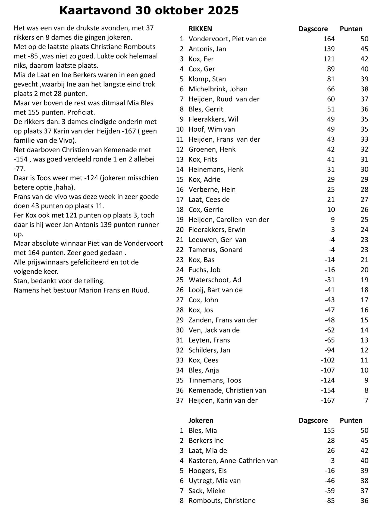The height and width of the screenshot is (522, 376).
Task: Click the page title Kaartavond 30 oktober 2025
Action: (149, 11)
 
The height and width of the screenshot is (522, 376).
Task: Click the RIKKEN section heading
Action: (200, 29)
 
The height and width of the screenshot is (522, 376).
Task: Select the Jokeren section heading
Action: (201, 420)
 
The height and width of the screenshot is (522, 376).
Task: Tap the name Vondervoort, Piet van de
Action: (227, 39)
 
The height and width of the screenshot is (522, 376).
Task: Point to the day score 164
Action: (329, 39)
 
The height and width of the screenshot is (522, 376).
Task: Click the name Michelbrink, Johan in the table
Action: (218, 89)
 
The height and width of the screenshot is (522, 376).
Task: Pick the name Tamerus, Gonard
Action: (215, 250)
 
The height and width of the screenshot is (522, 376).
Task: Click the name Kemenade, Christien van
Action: (227, 390)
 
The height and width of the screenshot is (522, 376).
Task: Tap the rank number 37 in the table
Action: (180, 400)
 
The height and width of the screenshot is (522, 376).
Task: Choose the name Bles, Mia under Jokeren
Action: (203, 430)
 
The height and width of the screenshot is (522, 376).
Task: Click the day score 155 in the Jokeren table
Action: (329, 430)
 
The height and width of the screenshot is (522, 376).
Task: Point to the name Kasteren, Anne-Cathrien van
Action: (233, 461)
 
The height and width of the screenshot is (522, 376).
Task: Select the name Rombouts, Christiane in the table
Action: (222, 501)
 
